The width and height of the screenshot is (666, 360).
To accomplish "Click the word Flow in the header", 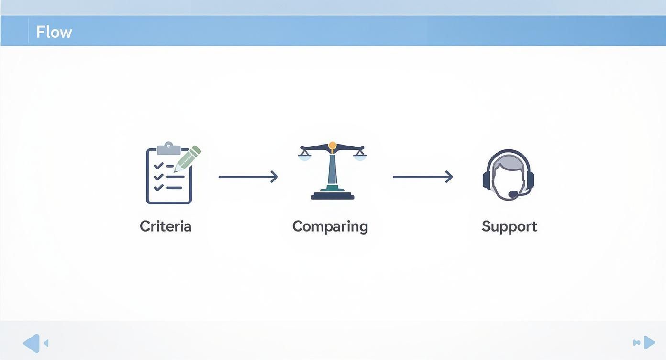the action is click(54, 32).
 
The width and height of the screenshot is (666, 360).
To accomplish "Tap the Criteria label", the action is click(166, 226).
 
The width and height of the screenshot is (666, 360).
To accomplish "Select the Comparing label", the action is click(330, 227).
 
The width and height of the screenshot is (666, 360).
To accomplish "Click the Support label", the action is click(510, 227).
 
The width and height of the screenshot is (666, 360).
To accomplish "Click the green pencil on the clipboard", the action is click(188, 158).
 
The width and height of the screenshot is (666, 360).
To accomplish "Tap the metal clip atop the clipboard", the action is click(169, 148).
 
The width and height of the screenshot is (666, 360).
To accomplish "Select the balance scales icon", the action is click(333, 170).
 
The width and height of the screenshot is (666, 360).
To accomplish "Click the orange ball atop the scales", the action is click(333, 146).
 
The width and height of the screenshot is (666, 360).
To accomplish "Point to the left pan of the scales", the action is click(305, 157).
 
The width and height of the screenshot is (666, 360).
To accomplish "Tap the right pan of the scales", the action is click(360, 157).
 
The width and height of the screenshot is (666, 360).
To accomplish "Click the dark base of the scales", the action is click(333, 196).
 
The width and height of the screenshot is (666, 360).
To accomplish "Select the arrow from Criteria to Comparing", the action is click(248, 177).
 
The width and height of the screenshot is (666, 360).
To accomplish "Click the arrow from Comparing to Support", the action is click(423, 177).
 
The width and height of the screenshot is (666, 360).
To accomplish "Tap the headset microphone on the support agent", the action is click(513, 194).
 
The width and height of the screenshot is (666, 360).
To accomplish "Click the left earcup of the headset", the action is click(487, 180).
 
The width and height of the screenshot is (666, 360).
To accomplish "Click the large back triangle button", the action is click(32, 343).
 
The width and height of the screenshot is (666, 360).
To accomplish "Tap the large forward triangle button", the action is click(649, 342).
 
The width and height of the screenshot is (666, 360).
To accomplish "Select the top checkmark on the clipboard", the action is click(158, 166).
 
